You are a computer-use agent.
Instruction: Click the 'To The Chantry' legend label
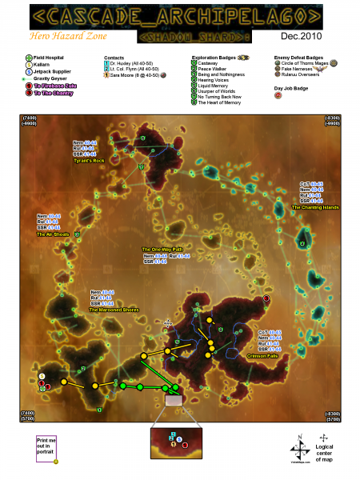point(54,93)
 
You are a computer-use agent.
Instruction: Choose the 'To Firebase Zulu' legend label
point(56,86)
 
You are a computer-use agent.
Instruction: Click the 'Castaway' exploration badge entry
point(211,64)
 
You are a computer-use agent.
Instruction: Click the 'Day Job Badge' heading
point(291,86)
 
